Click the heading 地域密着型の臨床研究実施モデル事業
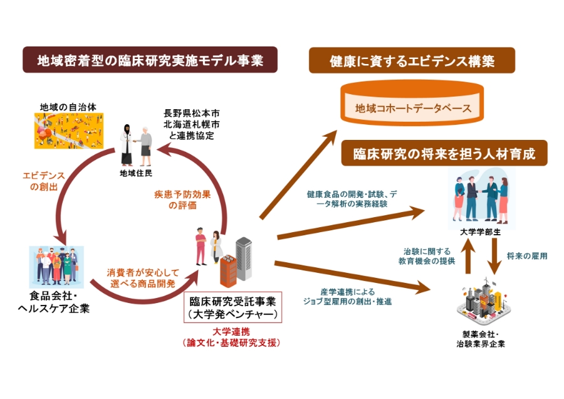(150, 61)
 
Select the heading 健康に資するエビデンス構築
(412, 61)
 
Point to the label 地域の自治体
(61, 105)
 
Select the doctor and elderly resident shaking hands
(137, 142)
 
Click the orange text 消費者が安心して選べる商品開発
(143, 278)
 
